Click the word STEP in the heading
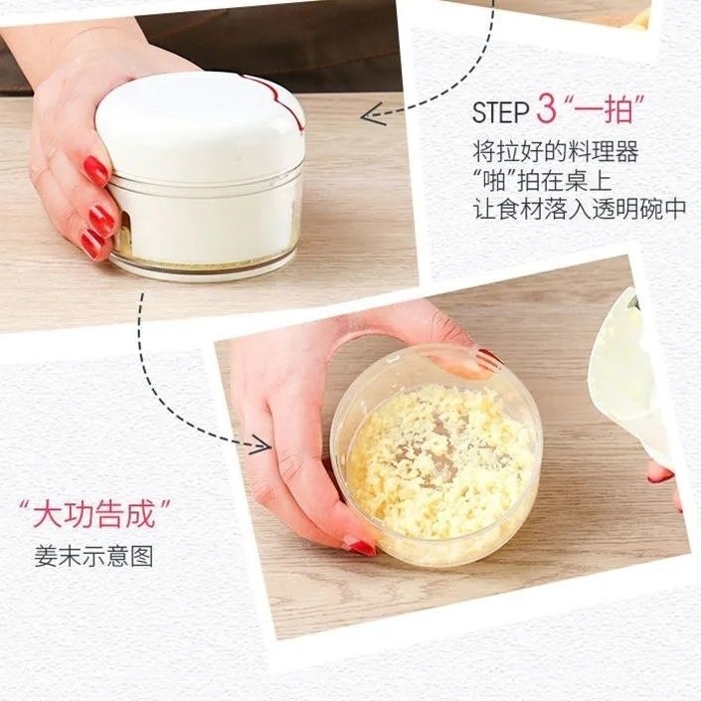pos(501,111)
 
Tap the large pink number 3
pos(547,108)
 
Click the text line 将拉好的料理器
pos(555,152)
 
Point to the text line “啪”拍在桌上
pos(542,180)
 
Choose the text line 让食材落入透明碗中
pos(580,209)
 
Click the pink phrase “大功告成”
pos(94,514)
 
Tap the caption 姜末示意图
pos(93,556)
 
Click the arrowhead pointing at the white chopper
pos(373,114)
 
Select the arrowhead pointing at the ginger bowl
pos(262,443)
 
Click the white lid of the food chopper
pos(200,126)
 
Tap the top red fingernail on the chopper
pos(96,171)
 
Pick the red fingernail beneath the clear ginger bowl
pos(359,546)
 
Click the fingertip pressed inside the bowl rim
pos(456,363)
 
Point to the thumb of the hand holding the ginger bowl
pos(295,483)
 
